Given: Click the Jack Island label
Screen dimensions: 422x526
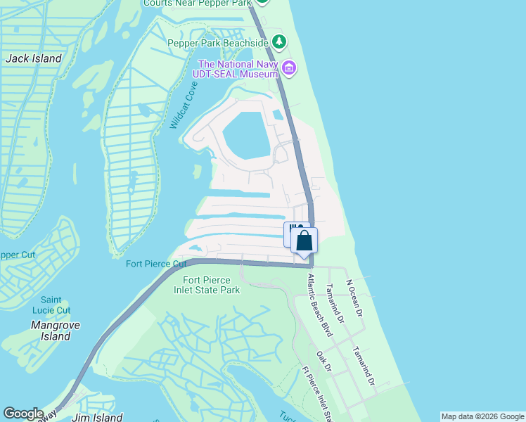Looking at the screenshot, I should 33,58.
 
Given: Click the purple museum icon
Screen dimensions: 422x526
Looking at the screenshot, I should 289,68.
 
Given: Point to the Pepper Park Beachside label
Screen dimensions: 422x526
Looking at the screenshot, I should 218,43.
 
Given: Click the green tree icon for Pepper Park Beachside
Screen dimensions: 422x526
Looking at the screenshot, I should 280,42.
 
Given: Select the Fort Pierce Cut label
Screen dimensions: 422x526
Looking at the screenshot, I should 156,264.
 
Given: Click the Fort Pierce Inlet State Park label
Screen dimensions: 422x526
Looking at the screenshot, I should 207,285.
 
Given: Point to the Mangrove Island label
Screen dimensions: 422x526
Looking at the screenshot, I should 56,331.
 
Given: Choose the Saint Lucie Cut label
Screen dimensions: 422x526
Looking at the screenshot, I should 56,305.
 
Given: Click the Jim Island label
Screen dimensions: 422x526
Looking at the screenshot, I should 97,417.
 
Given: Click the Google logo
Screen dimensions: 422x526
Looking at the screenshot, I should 23,414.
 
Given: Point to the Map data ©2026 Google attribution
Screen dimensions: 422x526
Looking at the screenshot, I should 482,416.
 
